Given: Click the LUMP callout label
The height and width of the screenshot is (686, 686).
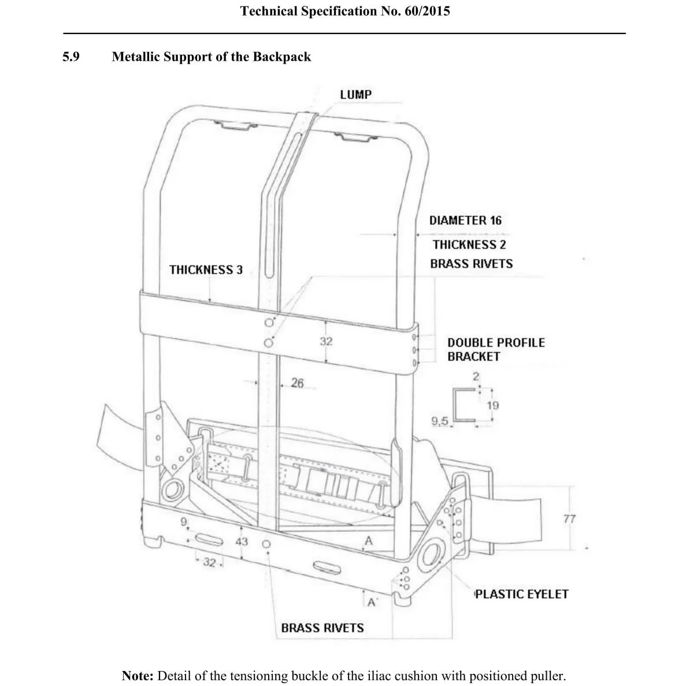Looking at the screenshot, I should point(355,94).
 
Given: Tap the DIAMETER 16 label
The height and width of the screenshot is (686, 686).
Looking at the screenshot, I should point(465,220).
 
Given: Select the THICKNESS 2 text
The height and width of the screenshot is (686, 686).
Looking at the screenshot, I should point(469,244).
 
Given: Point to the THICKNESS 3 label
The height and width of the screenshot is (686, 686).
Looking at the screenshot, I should point(206,270).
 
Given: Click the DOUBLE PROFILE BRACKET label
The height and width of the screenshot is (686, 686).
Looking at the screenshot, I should point(495,349).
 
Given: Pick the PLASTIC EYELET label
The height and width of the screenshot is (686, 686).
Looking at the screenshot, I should point(521,594).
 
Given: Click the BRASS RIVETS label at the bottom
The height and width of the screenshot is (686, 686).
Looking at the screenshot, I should point(322,628).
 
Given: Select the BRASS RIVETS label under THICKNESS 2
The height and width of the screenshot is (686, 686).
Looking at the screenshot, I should point(471,264).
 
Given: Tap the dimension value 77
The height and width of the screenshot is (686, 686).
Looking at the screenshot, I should point(569,518).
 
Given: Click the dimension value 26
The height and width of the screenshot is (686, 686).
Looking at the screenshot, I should point(297,383).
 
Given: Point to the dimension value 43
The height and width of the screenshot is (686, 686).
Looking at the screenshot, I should point(242,542).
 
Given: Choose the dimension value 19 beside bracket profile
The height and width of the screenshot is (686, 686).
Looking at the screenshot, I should point(492,405).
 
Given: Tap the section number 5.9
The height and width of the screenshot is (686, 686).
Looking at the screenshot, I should point(71,57).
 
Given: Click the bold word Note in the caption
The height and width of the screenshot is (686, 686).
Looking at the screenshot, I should point(138,676).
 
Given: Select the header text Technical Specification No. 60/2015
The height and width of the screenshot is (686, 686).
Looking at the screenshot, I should point(344,11).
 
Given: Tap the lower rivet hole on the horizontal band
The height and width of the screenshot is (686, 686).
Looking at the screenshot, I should point(268,343).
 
